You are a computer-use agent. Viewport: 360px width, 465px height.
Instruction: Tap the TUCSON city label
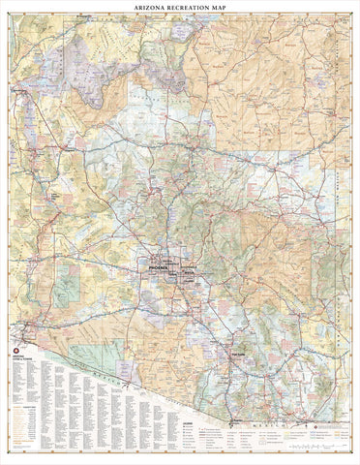coord(235,353)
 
